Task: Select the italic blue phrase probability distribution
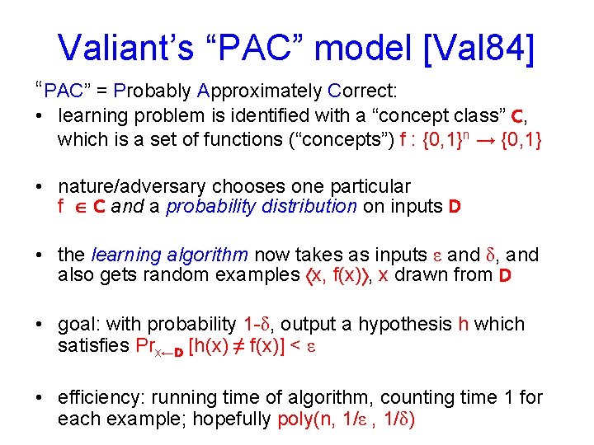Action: point(262,207)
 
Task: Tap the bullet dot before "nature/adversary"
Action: point(40,187)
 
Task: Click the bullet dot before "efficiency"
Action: point(40,399)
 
